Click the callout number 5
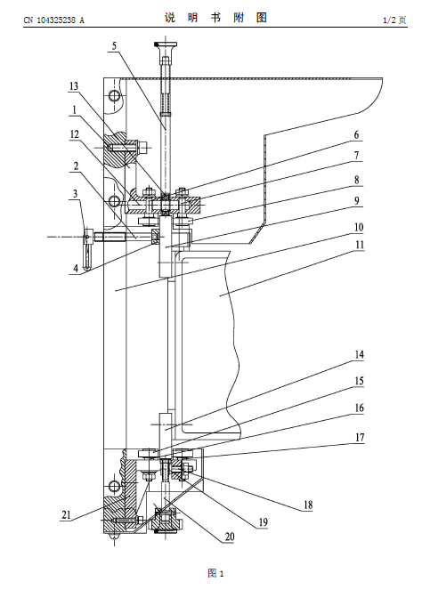114,46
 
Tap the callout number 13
74,86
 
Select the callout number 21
66,514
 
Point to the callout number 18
308,505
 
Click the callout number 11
360,245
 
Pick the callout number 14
360,354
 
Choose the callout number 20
230,537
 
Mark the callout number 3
76,193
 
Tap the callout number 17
360,437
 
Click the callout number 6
357,135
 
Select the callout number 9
357,200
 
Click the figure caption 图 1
215,573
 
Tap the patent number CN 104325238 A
53,20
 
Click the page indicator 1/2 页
394,20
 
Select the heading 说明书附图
215,18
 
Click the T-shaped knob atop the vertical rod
166,44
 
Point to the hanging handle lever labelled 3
88,250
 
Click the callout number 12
74,134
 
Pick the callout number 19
263,522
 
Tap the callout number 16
360,408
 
